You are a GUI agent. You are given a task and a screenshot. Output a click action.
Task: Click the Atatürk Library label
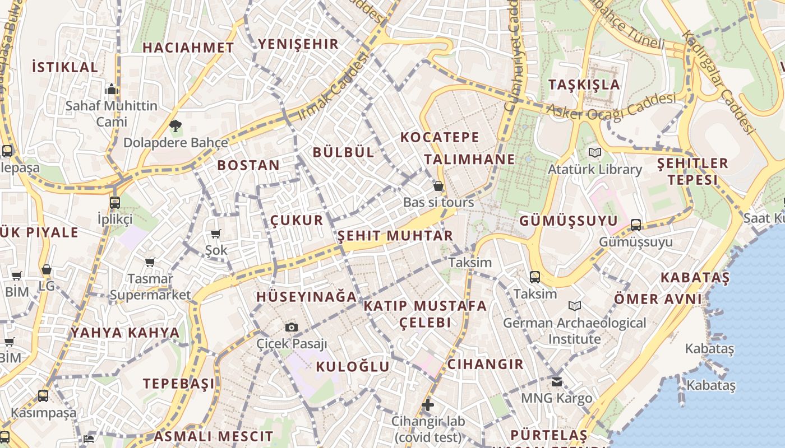tap(595, 169)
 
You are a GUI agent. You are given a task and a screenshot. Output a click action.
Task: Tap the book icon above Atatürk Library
tap(595, 152)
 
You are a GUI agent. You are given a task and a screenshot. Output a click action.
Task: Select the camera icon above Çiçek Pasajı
tap(292, 327)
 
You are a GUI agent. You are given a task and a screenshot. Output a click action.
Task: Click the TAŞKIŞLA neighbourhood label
tap(584, 85)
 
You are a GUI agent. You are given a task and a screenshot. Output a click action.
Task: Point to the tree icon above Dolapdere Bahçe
tap(175, 125)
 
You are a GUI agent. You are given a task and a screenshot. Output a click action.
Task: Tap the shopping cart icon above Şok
tap(216, 234)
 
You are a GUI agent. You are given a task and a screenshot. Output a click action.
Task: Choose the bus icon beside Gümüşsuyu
tap(635, 225)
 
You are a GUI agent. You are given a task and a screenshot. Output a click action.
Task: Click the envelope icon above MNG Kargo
tap(556, 382)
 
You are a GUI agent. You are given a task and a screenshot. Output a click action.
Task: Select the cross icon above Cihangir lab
tap(428, 404)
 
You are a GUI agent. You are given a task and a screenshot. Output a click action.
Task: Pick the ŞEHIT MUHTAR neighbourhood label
tap(395, 236)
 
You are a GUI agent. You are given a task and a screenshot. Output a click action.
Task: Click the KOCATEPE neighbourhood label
tap(440, 137)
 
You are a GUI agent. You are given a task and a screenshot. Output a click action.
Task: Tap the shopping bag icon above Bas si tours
tap(438, 185)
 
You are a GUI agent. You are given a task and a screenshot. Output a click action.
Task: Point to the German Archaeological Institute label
tap(575, 331)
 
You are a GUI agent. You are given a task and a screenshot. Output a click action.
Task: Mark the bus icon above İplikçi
tap(115, 202)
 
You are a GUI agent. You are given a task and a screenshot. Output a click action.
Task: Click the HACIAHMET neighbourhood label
tap(188, 48)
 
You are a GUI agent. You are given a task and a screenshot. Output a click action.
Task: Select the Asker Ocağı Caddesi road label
tap(611, 107)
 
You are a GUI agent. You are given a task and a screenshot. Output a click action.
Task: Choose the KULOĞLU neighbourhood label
tap(352, 367)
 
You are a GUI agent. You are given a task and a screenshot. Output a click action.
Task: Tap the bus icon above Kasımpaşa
tap(43, 396)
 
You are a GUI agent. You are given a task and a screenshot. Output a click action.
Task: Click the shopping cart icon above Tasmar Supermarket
tap(150, 262)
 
